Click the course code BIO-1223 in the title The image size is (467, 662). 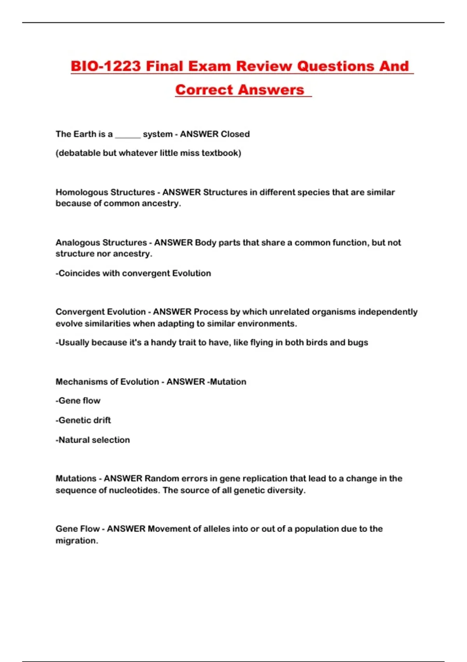tap(105, 66)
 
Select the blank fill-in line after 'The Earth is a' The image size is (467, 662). tap(128, 135)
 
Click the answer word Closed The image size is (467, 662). tap(235, 134)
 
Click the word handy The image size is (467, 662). tap(165, 343)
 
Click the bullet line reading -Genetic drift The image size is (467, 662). tap(83, 420)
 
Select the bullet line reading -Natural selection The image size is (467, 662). tap(93, 440)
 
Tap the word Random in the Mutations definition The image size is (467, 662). tap(158, 479)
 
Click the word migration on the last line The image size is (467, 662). tap(76, 541)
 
